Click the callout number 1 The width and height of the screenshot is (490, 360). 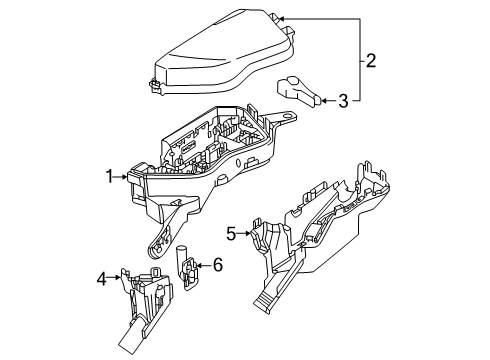pyautogui.click(x=109, y=177)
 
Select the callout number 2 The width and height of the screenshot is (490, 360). pyautogui.click(x=371, y=61)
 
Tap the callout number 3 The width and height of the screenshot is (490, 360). pyautogui.click(x=343, y=101)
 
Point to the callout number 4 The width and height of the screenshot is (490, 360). pyautogui.click(x=101, y=278)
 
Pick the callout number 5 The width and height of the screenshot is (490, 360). pyautogui.click(x=231, y=234)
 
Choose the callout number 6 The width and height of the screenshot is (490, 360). pyautogui.click(x=217, y=265)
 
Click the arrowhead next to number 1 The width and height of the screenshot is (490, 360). pyautogui.click(x=125, y=177)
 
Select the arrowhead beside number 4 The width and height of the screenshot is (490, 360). pyautogui.click(x=118, y=277)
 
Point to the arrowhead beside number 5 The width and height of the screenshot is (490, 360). pyautogui.click(x=248, y=233)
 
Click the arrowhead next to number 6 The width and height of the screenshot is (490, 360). pyautogui.click(x=199, y=265)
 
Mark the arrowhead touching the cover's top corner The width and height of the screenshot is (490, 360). pyautogui.click(x=281, y=18)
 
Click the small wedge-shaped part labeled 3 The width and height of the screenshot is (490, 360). pyautogui.click(x=297, y=91)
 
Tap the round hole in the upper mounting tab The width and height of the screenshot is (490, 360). pyautogui.click(x=286, y=116)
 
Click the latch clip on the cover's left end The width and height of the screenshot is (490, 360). pyautogui.click(x=154, y=85)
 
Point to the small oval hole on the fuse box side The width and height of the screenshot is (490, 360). pyautogui.click(x=238, y=163)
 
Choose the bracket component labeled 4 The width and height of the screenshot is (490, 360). pyautogui.click(x=145, y=308)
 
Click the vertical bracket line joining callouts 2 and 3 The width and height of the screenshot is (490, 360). pyautogui.click(x=360, y=59)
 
